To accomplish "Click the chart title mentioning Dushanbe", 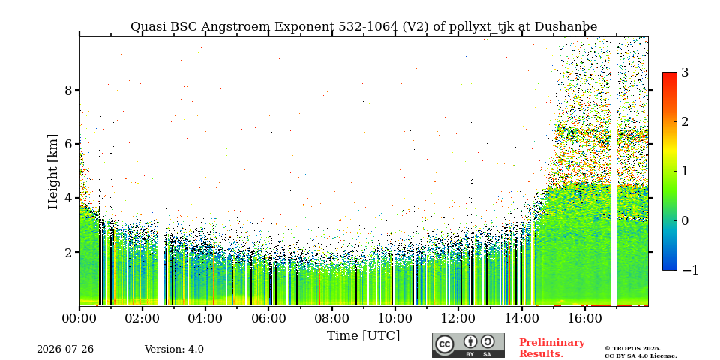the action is pos(364,27).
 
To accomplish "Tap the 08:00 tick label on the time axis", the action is pos(332,318).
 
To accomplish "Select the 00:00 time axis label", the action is pos(79,318).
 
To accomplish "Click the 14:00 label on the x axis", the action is pos(522,318).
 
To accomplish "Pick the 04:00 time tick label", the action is pos(205,318).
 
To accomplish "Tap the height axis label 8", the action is pos(69,89).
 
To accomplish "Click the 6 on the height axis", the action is pos(69,144).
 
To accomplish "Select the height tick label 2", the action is pos(69,252).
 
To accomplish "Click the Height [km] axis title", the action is pos(53,172).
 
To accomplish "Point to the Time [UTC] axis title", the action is pos(363,336).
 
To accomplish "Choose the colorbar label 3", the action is pos(685,72).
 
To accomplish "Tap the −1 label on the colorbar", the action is pos(690,270).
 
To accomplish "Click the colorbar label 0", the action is pos(685,220).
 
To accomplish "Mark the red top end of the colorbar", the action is pos(670,73).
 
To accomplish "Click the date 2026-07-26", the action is pos(65,349).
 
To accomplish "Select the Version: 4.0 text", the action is pos(174,349).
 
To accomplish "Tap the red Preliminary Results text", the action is pos(552,348).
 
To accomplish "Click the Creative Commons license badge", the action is pos(468,345).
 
